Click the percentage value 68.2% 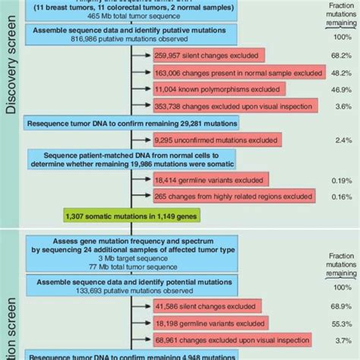(339, 55)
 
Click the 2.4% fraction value (339, 140)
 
